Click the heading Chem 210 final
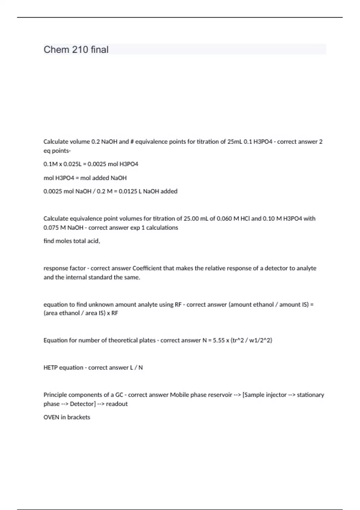click(76, 49)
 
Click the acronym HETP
click(50, 368)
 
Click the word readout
click(117, 404)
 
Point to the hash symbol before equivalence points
click(132, 142)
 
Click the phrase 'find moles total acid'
click(72, 241)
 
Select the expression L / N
click(136, 368)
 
